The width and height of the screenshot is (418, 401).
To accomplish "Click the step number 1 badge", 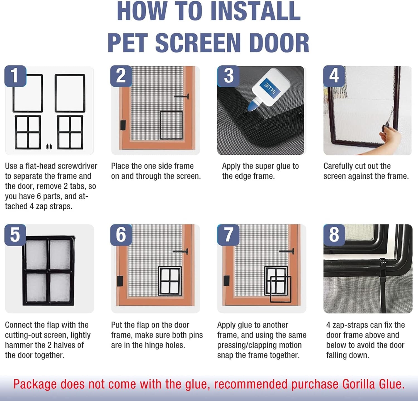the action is click(15, 76).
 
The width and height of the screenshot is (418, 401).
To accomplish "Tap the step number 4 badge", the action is click(334, 76).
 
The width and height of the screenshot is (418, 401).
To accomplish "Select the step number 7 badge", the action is click(228, 235).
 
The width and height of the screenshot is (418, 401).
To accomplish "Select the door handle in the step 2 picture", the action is click(182, 97).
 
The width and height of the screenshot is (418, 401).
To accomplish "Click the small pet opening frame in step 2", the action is click(171, 125).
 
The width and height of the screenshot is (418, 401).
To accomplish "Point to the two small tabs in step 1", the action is click(49, 146).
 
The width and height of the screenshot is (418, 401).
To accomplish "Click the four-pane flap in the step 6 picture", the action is click(170, 281).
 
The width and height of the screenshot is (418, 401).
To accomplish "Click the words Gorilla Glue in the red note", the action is click(373, 384).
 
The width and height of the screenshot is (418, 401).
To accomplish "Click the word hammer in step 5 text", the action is click(20, 345).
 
